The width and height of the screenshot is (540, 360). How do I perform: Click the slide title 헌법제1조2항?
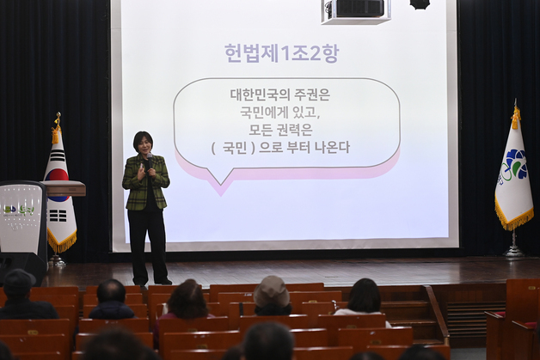(x=281, y=53)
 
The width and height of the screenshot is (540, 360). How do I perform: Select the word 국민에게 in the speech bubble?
(x=267, y=113)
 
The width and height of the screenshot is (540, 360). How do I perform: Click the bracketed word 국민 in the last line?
(x=235, y=148)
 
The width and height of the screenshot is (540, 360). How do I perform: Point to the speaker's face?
(x=143, y=143)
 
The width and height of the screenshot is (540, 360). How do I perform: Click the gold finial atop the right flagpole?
(x=516, y=114)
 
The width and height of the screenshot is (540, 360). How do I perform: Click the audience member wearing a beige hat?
(x=272, y=295)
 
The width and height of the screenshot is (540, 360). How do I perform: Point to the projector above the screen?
(x=355, y=9)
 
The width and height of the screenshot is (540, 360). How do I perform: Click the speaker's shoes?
(x=150, y=280)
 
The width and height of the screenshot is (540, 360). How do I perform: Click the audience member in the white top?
(x=364, y=301)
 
